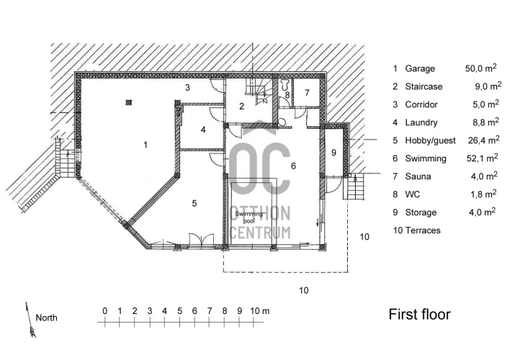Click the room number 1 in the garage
click(x=145, y=145)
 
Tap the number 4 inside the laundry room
click(x=204, y=130)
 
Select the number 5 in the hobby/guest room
click(x=194, y=204)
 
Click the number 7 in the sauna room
click(x=306, y=93)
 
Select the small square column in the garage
click(x=128, y=102)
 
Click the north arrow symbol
click(x=30, y=318)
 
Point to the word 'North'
click(x=47, y=318)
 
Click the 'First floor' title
click(x=419, y=315)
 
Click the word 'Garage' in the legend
click(x=420, y=68)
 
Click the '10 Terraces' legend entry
click(x=416, y=230)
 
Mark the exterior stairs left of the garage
click(x=64, y=159)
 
